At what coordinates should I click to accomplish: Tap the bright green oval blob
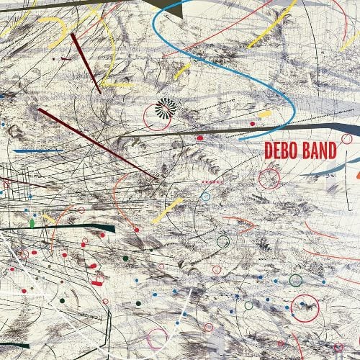point(32,224)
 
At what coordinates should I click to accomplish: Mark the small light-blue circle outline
point(206,196)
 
